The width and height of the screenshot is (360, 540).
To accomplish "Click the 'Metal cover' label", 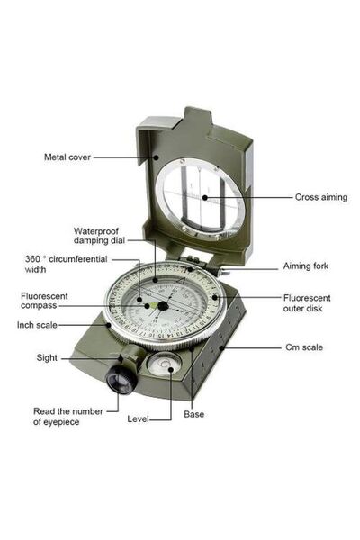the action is (67, 157).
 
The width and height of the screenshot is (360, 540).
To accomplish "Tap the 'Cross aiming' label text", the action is (321, 197).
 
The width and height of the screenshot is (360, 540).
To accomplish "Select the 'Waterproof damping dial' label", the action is (99, 236).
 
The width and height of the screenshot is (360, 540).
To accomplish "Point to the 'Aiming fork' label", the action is (306, 265).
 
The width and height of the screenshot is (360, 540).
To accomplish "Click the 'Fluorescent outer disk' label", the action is (307, 303).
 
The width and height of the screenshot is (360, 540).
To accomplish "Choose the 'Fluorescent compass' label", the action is (44, 301).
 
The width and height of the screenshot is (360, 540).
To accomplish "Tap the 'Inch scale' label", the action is (37, 325).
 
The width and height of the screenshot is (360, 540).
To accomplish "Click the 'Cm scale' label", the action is (304, 347).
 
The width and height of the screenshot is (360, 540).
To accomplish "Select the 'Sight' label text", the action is (47, 358).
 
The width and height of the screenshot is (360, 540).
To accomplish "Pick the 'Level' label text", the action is (138, 419).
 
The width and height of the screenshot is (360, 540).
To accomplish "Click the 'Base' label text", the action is (194, 414).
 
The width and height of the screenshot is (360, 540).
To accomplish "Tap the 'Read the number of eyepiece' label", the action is (67, 417).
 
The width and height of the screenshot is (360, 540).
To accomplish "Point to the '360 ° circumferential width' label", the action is (66, 264).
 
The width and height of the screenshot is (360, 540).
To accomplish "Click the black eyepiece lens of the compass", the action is (121, 380).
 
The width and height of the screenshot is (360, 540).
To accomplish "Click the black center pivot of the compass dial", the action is (163, 306).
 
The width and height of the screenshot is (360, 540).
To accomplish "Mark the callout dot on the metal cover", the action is (156, 157).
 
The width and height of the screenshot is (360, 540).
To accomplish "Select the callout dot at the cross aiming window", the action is (204, 198).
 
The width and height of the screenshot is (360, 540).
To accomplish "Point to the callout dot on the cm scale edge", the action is (222, 347).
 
